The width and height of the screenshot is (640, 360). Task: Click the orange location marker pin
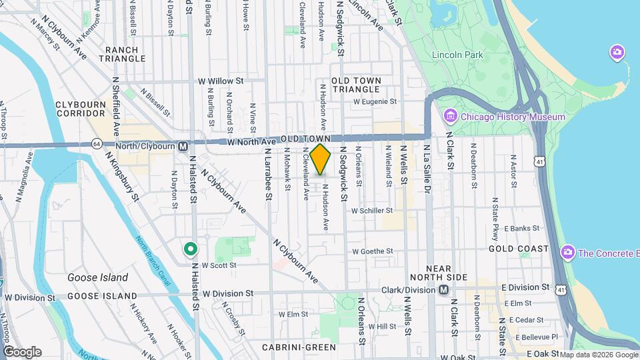click(x=321, y=159)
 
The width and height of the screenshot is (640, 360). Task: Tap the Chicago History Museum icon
click(x=450, y=117)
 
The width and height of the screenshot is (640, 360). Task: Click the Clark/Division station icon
click(x=443, y=290)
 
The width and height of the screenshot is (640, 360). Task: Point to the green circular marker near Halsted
click(x=191, y=250)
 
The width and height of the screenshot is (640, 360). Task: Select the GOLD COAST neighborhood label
click(x=518, y=249)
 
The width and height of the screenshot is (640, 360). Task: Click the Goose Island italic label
click(x=97, y=277)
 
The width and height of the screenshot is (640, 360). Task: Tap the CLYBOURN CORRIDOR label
click(x=81, y=109)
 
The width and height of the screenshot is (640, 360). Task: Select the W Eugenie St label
click(x=375, y=102)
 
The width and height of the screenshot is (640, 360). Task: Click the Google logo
click(x=22, y=351)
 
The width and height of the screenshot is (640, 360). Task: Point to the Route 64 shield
click(x=97, y=145)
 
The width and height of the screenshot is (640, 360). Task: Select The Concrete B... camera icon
click(x=568, y=253)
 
